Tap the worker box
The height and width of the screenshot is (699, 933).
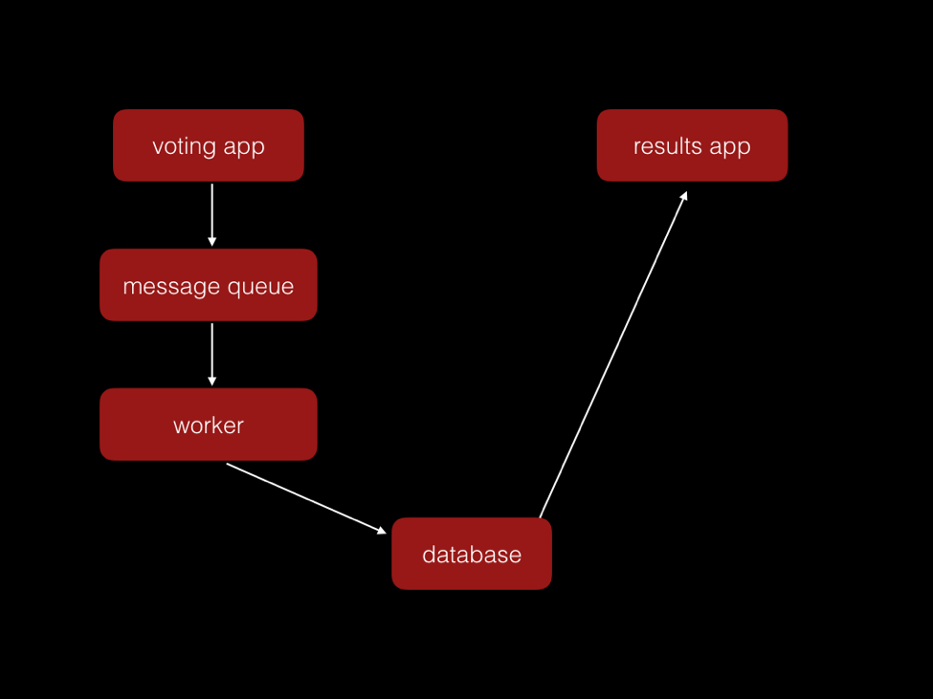pos(209,425)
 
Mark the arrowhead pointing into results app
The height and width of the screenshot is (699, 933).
pos(683,196)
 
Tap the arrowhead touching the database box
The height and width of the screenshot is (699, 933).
pos(381,530)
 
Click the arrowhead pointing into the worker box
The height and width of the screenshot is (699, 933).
pos(211,381)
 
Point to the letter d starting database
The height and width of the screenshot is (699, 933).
pos(429,555)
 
